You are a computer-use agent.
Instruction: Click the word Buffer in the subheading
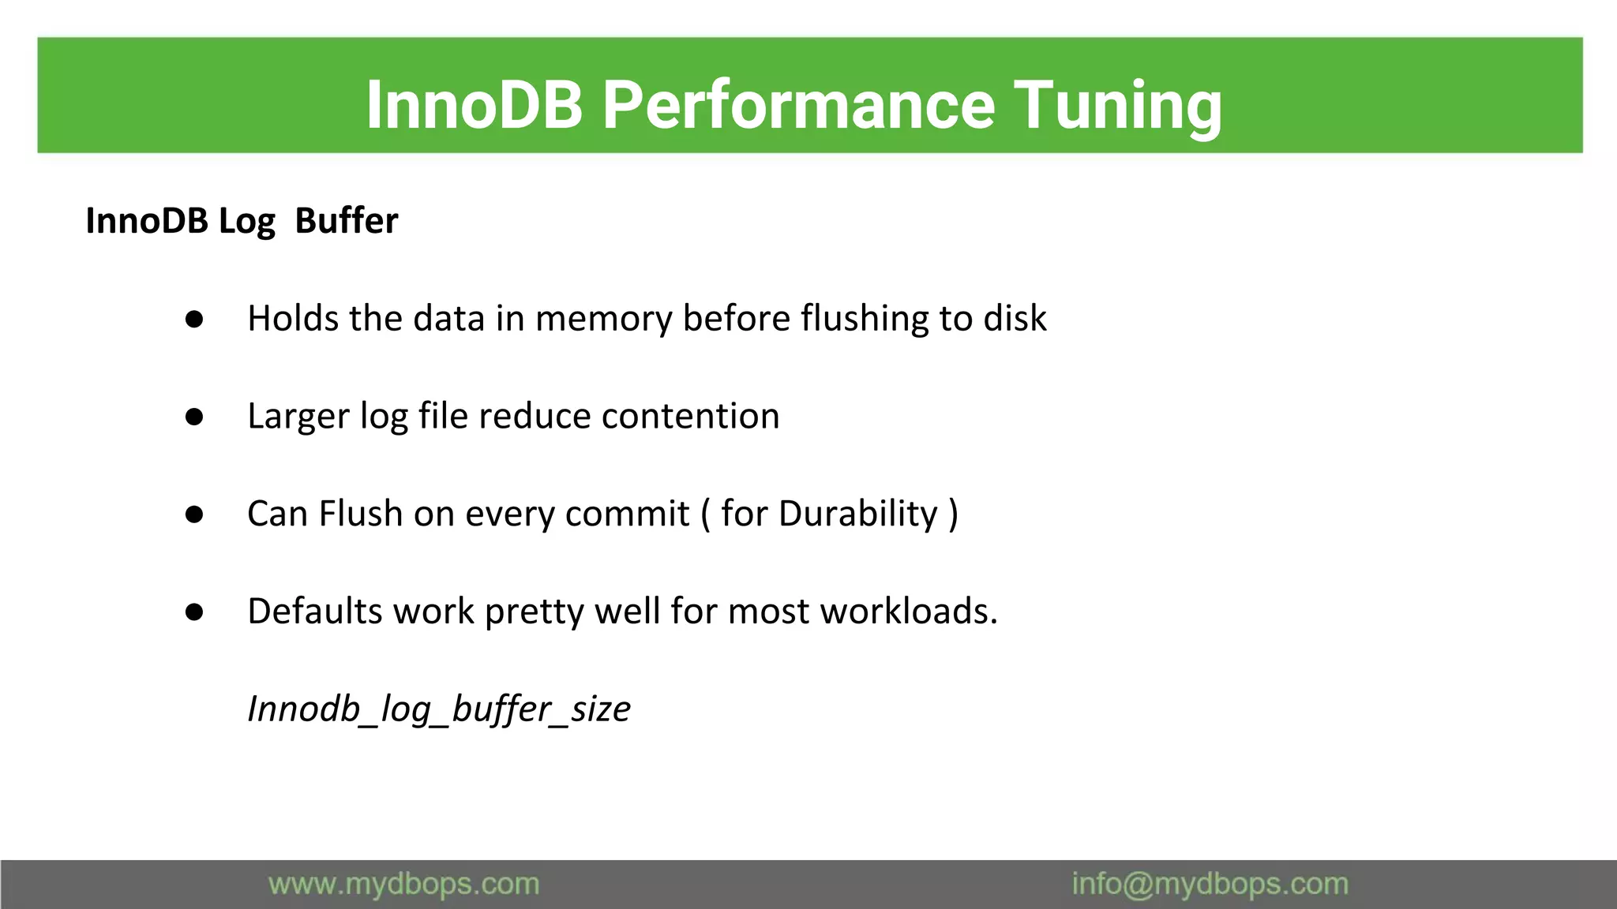[346, 221]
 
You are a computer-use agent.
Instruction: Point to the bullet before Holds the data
[194, 320]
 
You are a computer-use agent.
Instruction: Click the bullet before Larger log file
[194, 417]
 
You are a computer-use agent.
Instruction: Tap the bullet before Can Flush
[194, 515]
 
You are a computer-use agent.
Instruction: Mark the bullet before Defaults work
[194, 612]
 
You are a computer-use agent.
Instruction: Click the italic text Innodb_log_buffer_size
[439, 709]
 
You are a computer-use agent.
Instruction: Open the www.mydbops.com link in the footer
[403, 884]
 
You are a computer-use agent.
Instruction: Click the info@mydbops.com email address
[1210, 884]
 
